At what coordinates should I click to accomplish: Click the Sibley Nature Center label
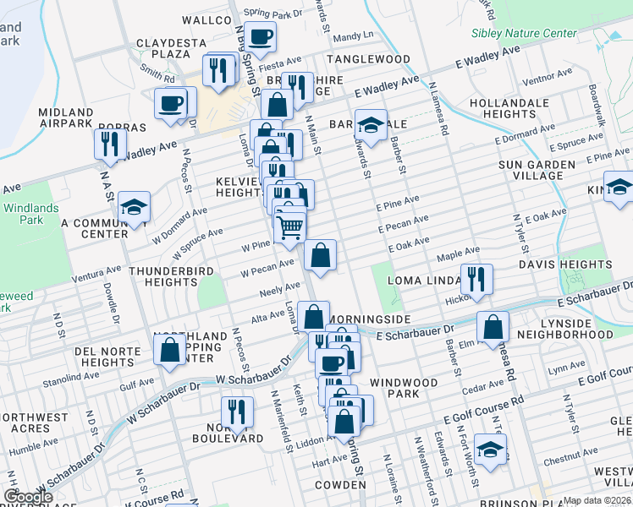525,34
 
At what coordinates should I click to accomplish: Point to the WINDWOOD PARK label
404,389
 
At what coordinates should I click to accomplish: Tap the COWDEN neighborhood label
340,485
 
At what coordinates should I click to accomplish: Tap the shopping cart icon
289,226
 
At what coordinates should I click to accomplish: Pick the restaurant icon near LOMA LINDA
476,278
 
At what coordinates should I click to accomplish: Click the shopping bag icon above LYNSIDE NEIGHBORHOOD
492,325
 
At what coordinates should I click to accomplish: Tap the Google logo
29,497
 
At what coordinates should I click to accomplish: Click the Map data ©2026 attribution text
596,500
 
